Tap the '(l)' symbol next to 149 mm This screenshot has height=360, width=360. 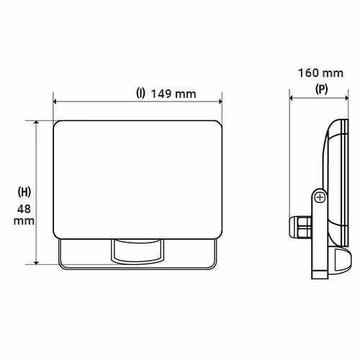(141, 94)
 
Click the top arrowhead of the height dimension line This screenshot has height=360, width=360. (35, 121)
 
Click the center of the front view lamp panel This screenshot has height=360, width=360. (138, 180)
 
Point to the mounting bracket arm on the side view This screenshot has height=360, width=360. (318, 238)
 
